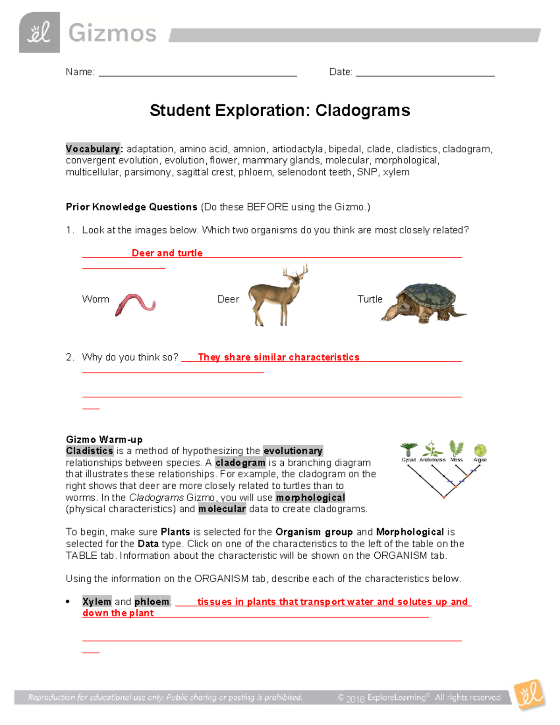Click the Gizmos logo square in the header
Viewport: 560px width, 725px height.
(x=39, y=33)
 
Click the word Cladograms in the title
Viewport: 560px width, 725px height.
(x=363, y=111)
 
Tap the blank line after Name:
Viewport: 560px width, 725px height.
(x=198, y=73)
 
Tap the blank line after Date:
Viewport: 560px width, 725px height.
(x=425, y=73)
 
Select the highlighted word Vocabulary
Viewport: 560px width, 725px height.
(x=93, y=149)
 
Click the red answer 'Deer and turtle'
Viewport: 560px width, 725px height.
(x=167, y=253)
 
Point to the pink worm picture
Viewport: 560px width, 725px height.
(x=135, y=304)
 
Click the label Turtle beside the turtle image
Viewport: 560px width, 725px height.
(x=370, y=299)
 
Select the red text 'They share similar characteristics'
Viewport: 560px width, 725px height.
(x=279, y=357)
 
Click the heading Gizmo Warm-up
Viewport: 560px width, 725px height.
(x=104, y=439)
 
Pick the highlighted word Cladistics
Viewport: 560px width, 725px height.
(x=90, y=451)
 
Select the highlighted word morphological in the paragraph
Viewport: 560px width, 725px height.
(x=310, y=498)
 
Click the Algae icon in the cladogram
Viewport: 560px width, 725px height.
(x=480, y=450)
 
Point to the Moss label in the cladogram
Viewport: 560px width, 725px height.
(x=456, y=460)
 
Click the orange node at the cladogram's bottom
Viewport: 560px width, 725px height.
(x=444, y=498)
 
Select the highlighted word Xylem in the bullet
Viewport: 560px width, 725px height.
(x=97, y=602)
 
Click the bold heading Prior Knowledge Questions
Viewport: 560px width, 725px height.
(x=131, y=207)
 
